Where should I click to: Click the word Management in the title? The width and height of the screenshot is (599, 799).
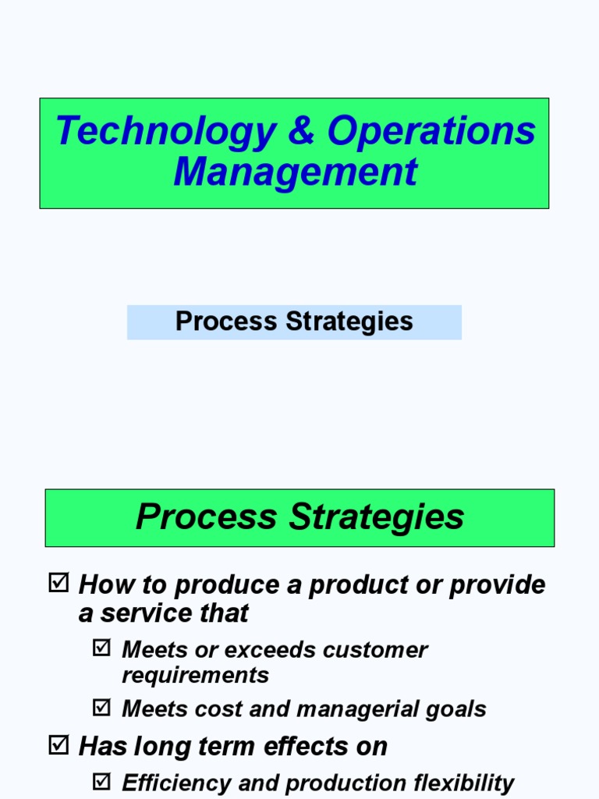[x=295, y=172]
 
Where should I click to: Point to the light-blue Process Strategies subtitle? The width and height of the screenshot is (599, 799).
[x=294, y=321]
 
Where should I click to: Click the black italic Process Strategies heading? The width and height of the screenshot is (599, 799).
[x=299, y=517]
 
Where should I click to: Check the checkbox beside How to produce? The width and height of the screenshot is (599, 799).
[x=58, y=584]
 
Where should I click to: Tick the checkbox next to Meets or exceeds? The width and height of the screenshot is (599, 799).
[x=101, y=648]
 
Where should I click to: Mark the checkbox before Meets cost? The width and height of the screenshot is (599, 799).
[x=101, y=708]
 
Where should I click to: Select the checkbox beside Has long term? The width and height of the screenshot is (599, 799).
[x=58, y=745]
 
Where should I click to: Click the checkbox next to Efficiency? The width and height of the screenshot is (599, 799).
[x=101, y=782]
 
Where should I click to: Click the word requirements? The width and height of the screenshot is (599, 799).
[x=195, y=675]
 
